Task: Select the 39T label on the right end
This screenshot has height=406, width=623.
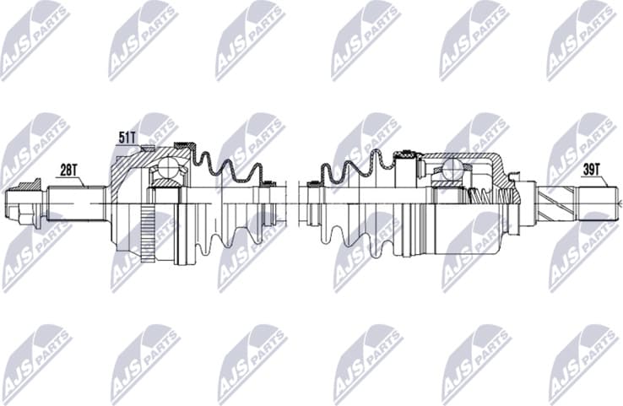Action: (593, 168)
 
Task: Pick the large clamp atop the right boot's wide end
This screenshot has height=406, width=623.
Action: (407, 154)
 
